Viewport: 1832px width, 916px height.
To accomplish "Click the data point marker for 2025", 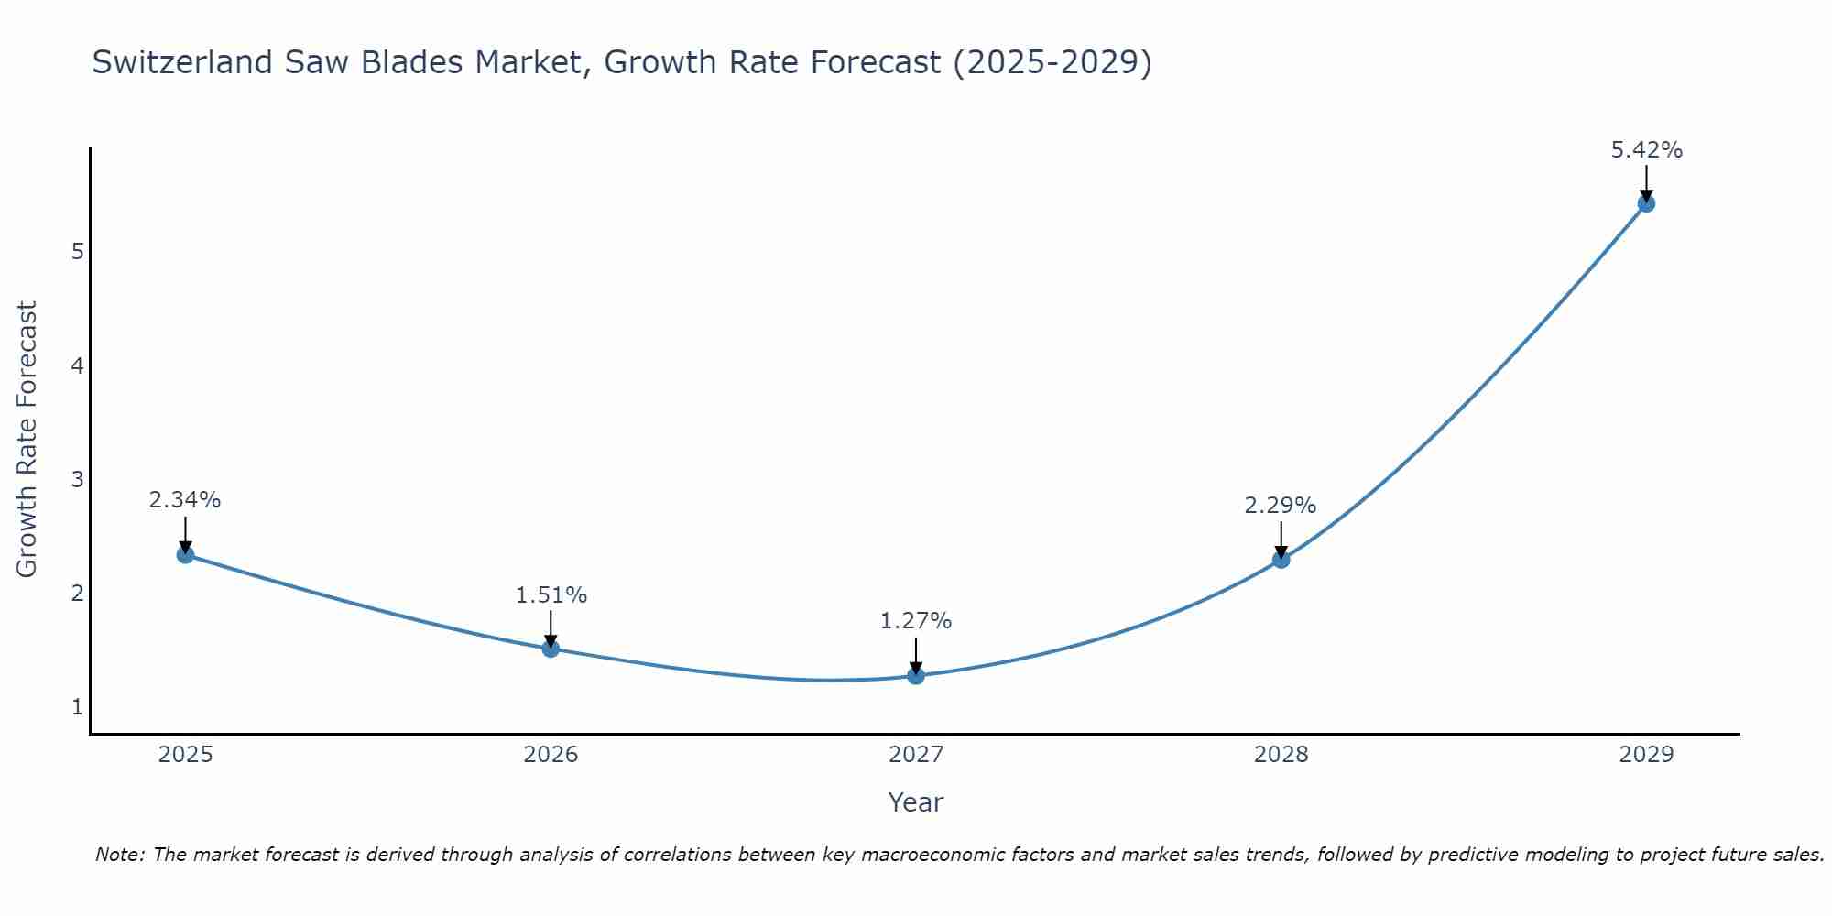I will pyautogui.click(x=185, y=554).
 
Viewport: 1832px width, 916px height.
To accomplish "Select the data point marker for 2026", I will pyautogui.click(x=551, y=649).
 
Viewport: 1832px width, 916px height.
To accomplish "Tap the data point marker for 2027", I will pyautogui.click(x=916, y=676).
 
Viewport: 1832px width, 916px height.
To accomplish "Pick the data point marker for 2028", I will pyautogui.click(x=1281, y=560).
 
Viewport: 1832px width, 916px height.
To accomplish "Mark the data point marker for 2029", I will pyautogui.click(x=1646, y=203).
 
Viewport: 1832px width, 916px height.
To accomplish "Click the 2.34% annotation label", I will pyautogui.click(x=185, y=500).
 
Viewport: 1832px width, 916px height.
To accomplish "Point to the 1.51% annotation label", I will pyautogui.click(x=551, y=595).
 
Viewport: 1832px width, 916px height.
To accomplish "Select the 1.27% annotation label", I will pyautogui.click(x=916, y=621).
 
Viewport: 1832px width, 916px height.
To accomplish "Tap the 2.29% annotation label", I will pyautogui.click(x=1281, y=506).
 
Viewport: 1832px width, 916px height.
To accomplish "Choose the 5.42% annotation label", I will pyautogui.click(x=1646, y=150).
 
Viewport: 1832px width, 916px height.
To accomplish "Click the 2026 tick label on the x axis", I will pyautogui.click(x=551, y=755).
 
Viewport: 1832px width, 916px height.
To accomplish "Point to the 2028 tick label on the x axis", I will pyautogui.click(x=1281, y=755).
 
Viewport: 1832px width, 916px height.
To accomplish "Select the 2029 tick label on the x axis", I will pyautogui.click(x=1646, y=755).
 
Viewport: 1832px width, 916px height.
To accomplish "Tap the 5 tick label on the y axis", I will pyautogui.click(x=77, y=252).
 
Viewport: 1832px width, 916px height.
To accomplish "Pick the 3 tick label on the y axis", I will pyautogui.click(x=77, y=479).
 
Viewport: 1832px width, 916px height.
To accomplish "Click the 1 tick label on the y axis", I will pyautogui.click(x=77, y=707).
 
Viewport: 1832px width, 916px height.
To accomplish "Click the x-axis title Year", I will pyautogui.click(x=915, y=802).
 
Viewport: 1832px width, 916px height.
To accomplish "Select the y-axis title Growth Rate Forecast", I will pyautogui.click(x=27, y=440).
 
